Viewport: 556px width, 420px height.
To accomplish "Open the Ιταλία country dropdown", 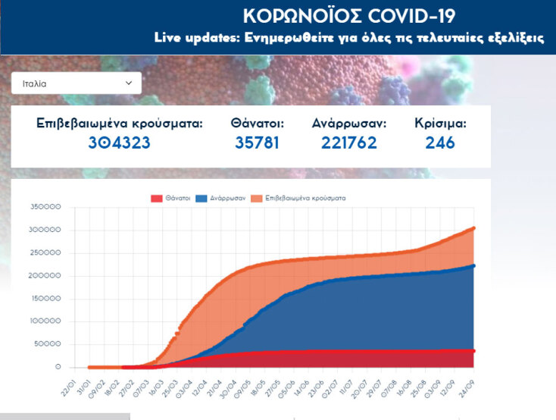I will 76,83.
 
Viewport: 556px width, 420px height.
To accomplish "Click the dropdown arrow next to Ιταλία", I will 129,83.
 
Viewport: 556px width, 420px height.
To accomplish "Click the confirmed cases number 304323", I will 120,142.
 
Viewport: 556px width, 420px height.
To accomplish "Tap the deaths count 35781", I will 257,142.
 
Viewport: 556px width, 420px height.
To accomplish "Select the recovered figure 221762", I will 349,142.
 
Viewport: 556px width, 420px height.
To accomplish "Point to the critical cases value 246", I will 440,142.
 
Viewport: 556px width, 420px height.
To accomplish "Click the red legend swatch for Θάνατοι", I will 157,198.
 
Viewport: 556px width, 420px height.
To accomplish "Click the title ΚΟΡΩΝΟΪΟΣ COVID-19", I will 349,17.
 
